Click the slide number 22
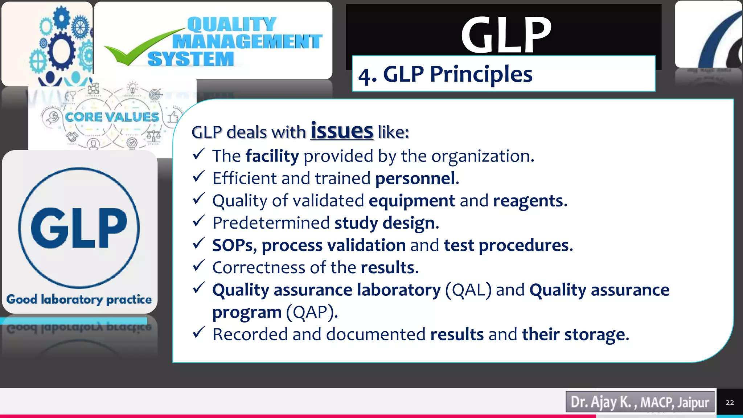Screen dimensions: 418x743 click(x=730, y=402)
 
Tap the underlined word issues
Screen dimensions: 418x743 click(x=342, y=131)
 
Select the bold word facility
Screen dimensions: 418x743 click(x=272, y=156)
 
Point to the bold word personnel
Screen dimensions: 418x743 click(x=415, y=179)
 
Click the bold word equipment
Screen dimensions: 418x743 click(x=412, y=201)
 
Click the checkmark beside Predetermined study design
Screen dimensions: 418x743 click(x=199, y=221)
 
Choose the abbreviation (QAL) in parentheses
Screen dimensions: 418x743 click(x=468, y=290)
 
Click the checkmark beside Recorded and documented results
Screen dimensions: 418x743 click(x=199, y=332)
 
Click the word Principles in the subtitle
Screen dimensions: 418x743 click(x=481, y=74)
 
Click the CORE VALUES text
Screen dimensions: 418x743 click(x=112, y=117)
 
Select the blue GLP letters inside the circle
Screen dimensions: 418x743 click(x=79, y=228)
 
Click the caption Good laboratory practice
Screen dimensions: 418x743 click(x=79, y=299)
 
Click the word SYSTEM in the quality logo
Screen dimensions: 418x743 click(x=191, y=59)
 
